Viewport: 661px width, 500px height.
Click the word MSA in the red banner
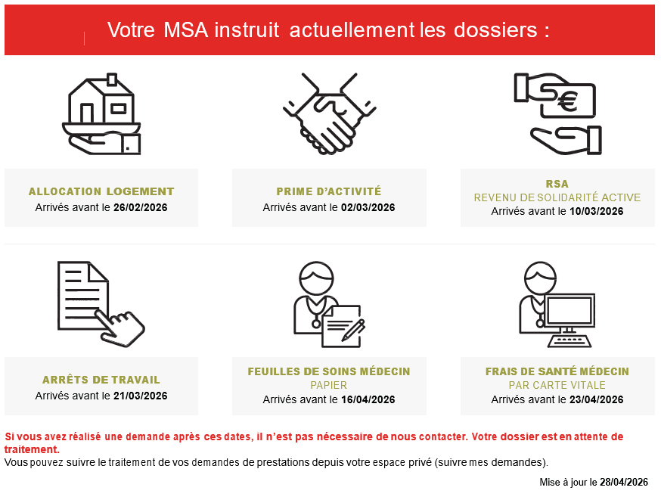tap(185, 30)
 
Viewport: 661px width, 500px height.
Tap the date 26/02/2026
tap(141, 207)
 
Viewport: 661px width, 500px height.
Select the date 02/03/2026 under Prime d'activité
tap(368, 207)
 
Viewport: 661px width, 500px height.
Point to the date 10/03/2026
tap(596, 211)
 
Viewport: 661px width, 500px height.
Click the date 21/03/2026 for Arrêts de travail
tap(141, 396)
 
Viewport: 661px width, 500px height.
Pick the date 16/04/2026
tap(368, 399)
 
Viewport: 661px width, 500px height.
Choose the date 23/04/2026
tap(596, 399)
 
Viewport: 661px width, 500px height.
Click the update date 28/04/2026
tap(624, 483)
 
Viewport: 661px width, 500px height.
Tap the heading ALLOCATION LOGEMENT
tap(101, 191)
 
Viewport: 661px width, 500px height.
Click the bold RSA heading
tap(557, 184)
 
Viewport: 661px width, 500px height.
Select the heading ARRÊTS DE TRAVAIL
tap(101, 380)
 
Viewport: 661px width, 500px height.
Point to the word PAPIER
tap(329, 385)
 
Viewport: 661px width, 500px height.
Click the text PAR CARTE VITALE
tap(557, 385)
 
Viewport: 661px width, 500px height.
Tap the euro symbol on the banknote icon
tap(567, 101)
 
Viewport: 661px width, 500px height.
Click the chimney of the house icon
tap(112, 79)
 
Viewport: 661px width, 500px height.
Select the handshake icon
tap(329, 113)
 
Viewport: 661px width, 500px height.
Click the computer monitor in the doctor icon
tap(569, 310)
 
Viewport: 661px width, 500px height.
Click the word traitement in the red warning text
tap(32, 449)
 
